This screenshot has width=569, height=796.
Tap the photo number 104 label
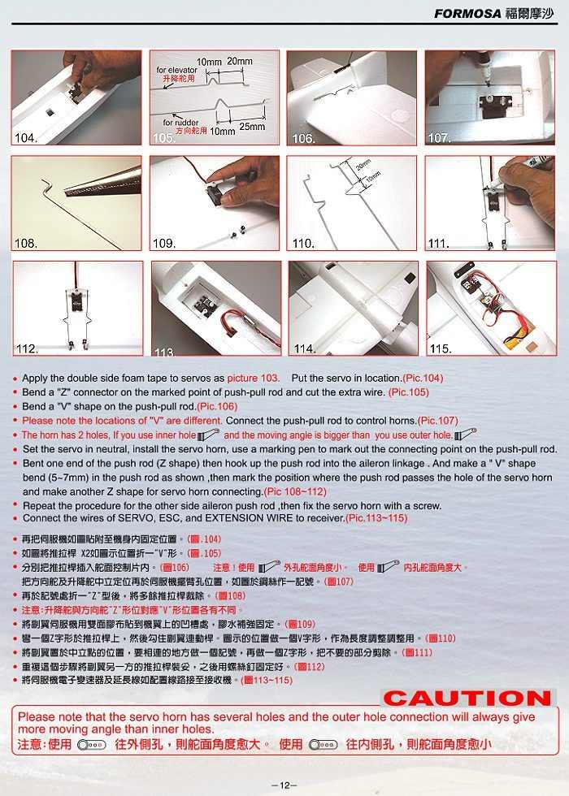pyautogui.click(x=25, y=138)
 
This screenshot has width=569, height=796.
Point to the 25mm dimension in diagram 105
pyautogui.click(x=252, y=128)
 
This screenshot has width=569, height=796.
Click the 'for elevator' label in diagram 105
pyautogui.click(x=176, y=70)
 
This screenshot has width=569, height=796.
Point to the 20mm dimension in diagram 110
pyautogui.click(x=363, y=166)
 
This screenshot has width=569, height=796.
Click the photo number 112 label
pyautogui.click(x=26, y=348)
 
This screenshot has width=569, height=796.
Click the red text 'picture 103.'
pyautogui.click(x=254, y=379)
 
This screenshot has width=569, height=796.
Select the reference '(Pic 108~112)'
pyautogui.click(x=295, y=492)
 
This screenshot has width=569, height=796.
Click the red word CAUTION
pyautogui.click(x=467, y=698)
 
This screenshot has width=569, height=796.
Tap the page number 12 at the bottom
pyautogui.click(x=284, y=785)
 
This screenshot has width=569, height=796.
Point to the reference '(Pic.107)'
pyautogui.click(x=438, y=421)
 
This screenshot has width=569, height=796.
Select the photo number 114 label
pyautogui.click(x=305, y=348)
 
